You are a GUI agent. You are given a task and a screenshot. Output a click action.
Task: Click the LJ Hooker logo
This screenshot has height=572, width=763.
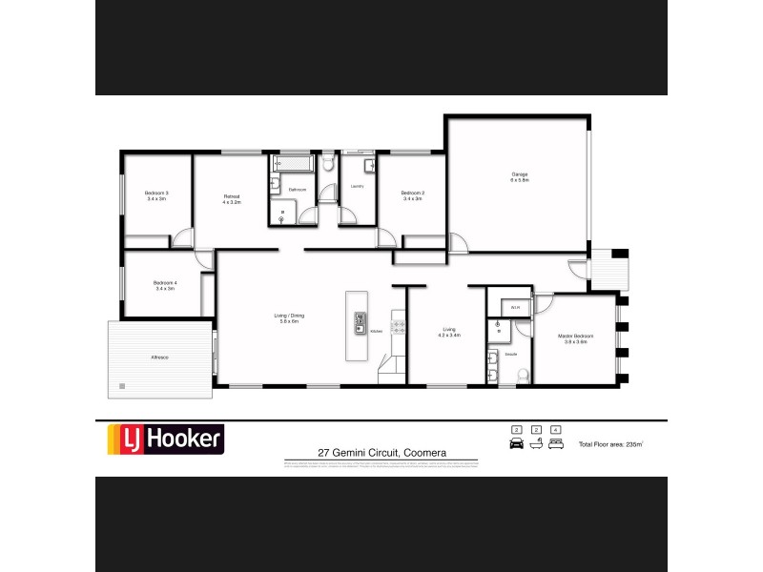164,439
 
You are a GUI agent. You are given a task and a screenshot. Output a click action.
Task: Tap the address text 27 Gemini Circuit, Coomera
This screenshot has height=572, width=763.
382,453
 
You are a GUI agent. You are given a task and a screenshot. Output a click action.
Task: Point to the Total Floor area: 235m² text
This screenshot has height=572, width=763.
611,444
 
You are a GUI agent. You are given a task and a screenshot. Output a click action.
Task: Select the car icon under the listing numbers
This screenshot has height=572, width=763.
517,444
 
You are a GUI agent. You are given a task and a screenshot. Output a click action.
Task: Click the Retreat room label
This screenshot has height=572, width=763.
232,199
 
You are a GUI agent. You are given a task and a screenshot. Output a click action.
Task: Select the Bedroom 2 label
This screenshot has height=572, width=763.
413,195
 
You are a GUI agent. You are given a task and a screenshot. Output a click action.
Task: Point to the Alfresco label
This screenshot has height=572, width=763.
159,357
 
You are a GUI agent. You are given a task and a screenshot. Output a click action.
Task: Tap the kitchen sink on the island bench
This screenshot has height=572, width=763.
361,323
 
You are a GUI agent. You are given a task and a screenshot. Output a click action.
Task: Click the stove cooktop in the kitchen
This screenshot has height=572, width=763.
398,327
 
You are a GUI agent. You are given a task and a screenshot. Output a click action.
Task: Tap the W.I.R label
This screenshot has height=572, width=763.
514,307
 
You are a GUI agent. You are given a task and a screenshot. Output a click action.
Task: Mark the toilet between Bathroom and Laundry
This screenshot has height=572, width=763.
328,165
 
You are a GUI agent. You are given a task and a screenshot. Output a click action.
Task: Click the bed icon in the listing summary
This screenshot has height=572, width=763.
555,444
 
